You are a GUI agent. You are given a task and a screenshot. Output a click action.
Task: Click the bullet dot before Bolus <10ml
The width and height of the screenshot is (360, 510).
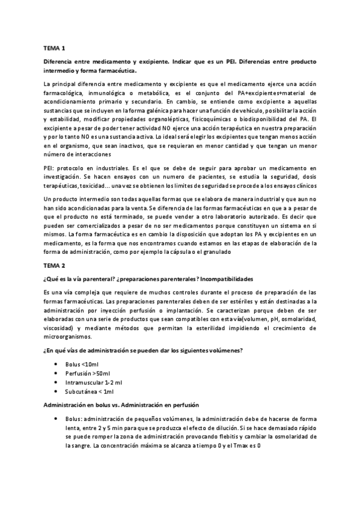pos(56,364)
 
